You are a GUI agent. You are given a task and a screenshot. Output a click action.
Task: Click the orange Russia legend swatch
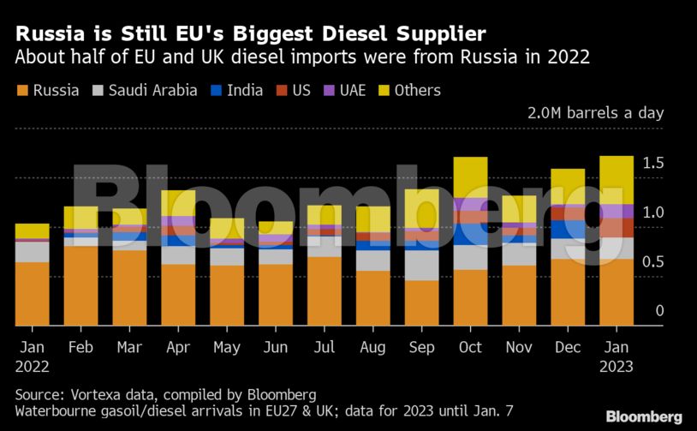(22, 90)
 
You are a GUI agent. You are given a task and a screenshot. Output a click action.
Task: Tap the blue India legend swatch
(217, 90)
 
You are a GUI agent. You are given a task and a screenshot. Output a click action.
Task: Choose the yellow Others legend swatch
(383, 90)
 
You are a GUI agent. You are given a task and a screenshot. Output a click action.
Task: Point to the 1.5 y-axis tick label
(652, 163)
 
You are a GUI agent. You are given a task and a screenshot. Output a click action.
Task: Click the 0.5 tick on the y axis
(652, 261)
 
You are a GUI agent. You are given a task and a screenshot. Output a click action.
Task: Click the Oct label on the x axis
(470, 348)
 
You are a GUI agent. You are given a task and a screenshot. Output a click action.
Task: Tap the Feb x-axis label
(81, 348)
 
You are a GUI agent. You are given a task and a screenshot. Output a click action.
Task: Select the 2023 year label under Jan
(617, 367)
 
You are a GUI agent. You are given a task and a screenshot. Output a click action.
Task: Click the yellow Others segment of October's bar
(470, 177)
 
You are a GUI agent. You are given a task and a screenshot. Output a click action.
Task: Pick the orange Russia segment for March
(129, 287)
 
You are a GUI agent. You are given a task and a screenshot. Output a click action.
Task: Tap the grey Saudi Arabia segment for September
(421, 265)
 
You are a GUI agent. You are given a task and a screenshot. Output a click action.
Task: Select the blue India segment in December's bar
(568, 229)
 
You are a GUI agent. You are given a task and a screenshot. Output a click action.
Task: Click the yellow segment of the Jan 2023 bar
(617, 180)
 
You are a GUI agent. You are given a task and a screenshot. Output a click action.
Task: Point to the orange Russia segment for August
(372, 297)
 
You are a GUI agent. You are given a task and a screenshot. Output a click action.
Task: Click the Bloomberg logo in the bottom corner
(644, 416)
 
